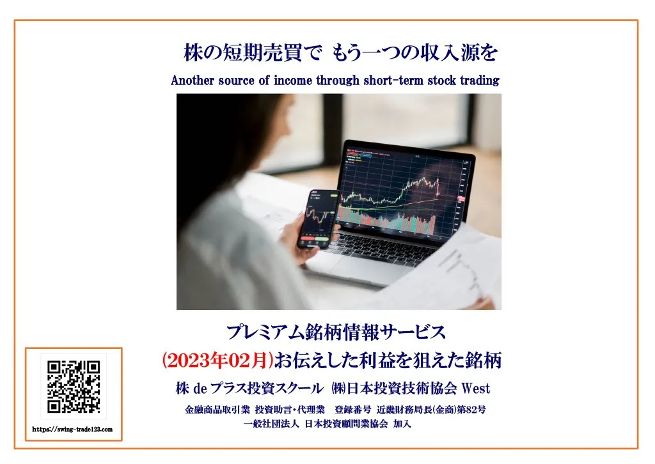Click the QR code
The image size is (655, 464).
pyautogui.click(x=74, y=387)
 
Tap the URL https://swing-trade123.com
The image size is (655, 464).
pyautogui.click(x=72, y=429)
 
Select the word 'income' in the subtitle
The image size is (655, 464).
pyautogui.click(x=292, y=80)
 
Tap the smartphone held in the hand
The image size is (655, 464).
pyautogui.click(x=319, y=219)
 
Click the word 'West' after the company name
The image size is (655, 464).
pyautogui.click(x=475, y=389)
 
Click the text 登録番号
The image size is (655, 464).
pyautogui.click(x=352, y=410)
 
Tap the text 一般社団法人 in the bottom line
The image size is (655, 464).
pyautogui.click(x=271, y=424)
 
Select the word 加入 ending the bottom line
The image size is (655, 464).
pyautogui.click(x=402, y=424)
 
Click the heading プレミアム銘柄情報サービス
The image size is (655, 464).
pyautogui.click(x=336, y=332)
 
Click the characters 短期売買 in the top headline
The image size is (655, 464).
pyautogui.click(x=262, y=54)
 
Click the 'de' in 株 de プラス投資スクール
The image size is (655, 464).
pyautogui.click(x=200, y=389)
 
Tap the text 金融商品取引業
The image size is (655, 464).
pyautogui.click(x=217, y=410)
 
